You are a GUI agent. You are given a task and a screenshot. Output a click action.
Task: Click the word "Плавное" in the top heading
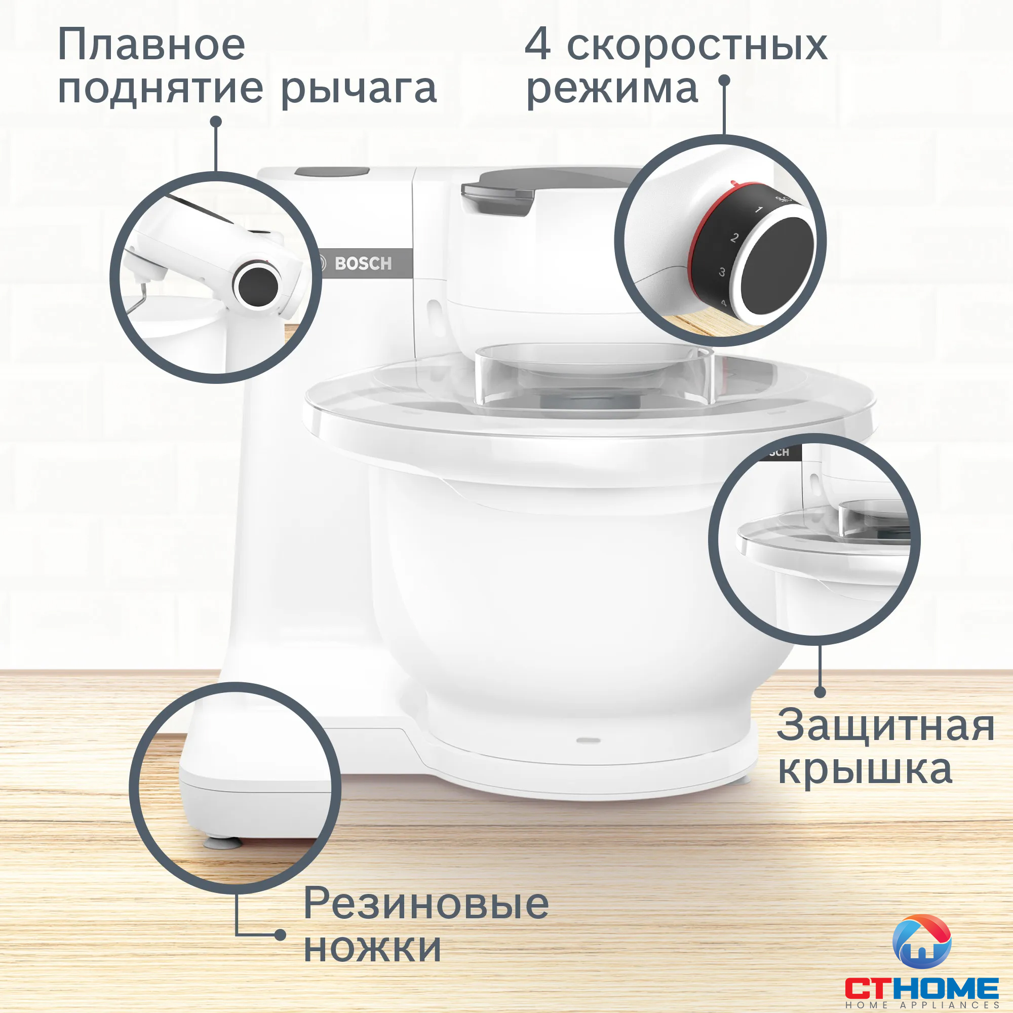tap(151, 45)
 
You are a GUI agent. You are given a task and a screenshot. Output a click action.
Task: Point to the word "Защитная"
tap(885, 725)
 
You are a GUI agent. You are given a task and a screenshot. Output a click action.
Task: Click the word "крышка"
tap(865, 769)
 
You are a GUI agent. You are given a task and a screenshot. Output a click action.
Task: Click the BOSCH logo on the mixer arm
tap(363, 263)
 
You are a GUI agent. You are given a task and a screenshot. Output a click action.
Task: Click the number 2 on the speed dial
tap(734, 238)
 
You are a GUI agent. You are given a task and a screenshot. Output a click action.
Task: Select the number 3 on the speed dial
tap(722, 272)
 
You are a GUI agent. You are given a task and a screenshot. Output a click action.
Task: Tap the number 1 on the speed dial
tap(759, 210)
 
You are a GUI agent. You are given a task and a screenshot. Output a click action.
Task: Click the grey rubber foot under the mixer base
tap(223, 843)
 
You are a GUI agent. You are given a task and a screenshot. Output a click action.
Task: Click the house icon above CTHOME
tap(922, 942)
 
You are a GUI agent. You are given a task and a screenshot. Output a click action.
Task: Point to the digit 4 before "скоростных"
tap(538, 45)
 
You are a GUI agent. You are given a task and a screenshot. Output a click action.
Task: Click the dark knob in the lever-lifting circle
tap(258, 286)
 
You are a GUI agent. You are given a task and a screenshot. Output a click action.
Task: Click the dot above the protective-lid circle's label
tap(821, 692)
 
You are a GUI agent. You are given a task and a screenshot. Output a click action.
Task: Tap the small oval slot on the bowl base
tap(588, 740)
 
